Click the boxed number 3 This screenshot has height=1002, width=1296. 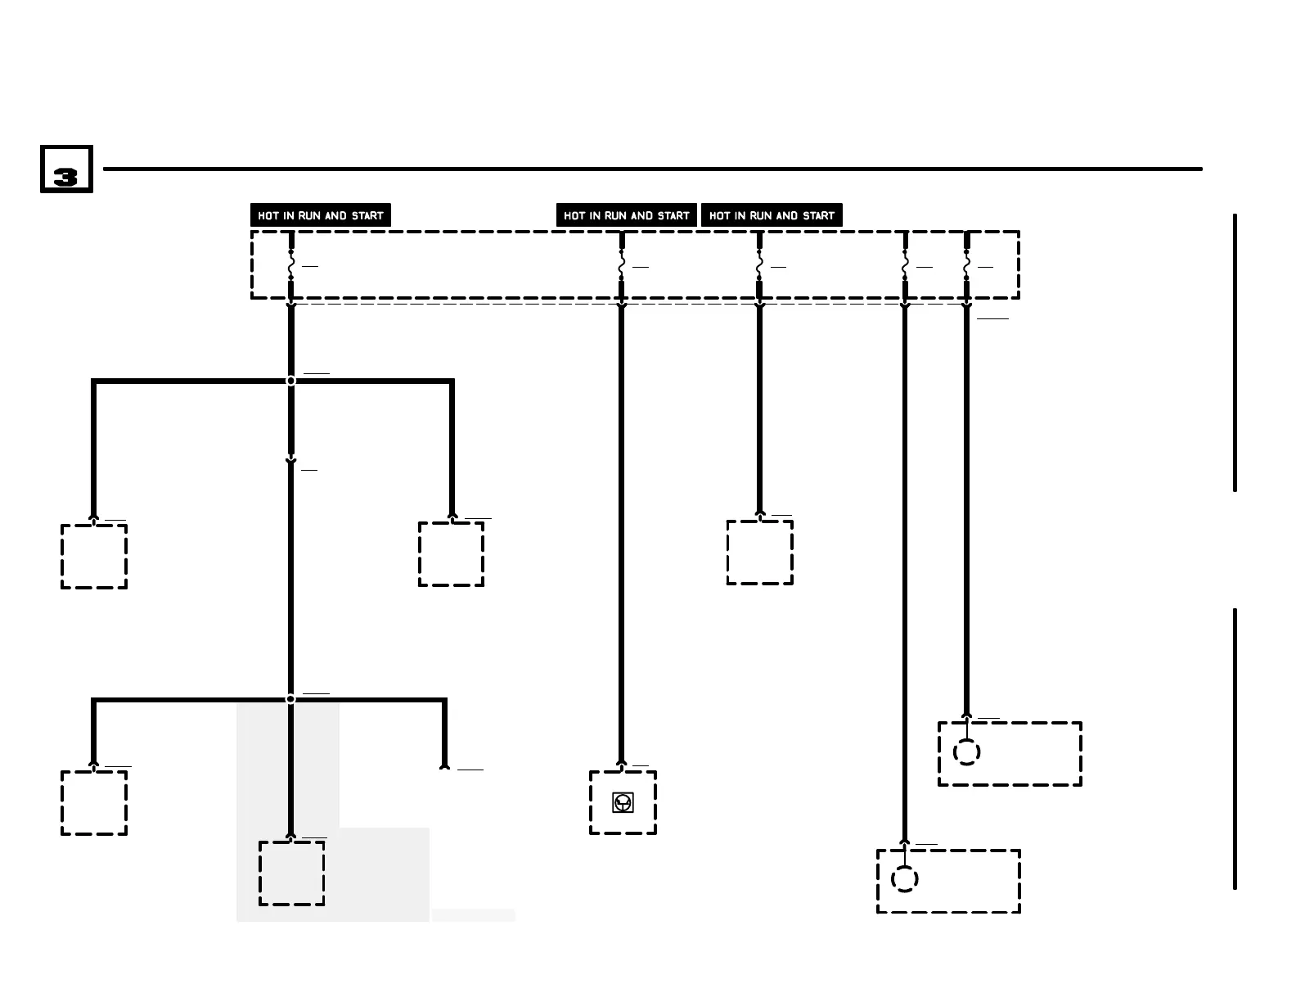66,169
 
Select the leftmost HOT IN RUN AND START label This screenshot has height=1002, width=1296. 320,215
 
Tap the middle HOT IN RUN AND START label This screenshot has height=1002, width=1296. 626,215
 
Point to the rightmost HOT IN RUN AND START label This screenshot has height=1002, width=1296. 772,215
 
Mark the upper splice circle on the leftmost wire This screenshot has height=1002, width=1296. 290,381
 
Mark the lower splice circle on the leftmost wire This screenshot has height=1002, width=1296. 290,698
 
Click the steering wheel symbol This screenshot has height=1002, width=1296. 623,802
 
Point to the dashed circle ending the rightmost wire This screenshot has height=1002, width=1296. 966,752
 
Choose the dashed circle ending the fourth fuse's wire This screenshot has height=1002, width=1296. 904,879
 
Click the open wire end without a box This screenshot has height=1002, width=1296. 444,766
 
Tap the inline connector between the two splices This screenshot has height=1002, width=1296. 290,462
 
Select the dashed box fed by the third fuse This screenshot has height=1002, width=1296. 759,553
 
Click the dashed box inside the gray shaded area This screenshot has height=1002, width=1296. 291,873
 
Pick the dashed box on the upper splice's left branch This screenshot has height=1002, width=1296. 94,556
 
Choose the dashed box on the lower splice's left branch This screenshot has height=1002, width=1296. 94,802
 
